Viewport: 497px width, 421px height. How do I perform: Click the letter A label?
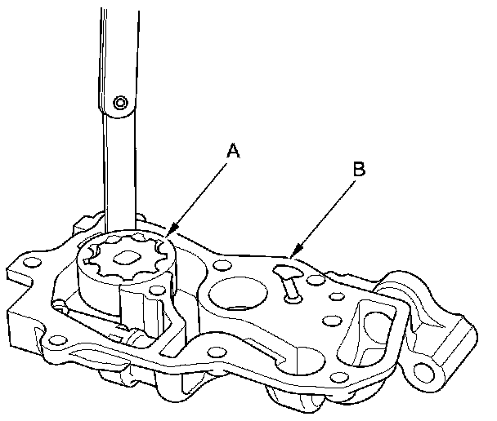coord(234,151)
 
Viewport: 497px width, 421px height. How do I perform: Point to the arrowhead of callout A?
coord(168,237)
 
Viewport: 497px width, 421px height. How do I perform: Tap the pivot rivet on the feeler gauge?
coord(121,103)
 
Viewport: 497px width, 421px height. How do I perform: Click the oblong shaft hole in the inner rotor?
coord(126,259)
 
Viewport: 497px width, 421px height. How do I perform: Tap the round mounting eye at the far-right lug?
coord(426,371)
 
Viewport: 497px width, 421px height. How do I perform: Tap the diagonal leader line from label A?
coord(200,196)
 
